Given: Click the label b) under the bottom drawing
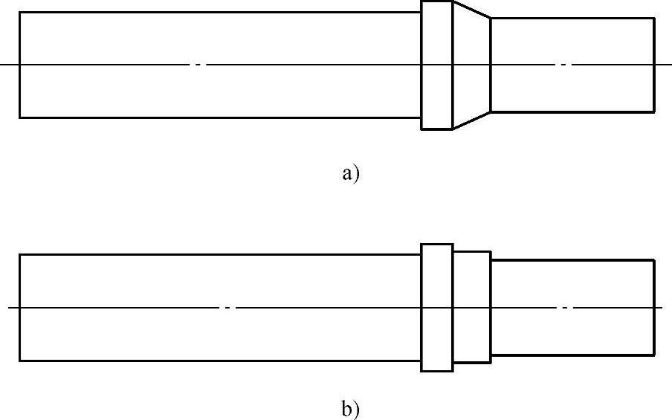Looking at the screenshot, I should pyautogui.click(x=350, y=408).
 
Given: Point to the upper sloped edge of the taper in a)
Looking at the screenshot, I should pyautogui.click(x=471, y=10).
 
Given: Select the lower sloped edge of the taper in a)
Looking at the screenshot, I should pyautogui.click(x=471, y=120).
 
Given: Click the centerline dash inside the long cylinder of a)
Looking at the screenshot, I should pyautogui.click(x=198, y=65).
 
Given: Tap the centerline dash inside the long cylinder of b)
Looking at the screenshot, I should pyautogui.click(x=229, y=307).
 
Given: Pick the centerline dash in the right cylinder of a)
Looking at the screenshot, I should pyautogui.click(x=563, y=65).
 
